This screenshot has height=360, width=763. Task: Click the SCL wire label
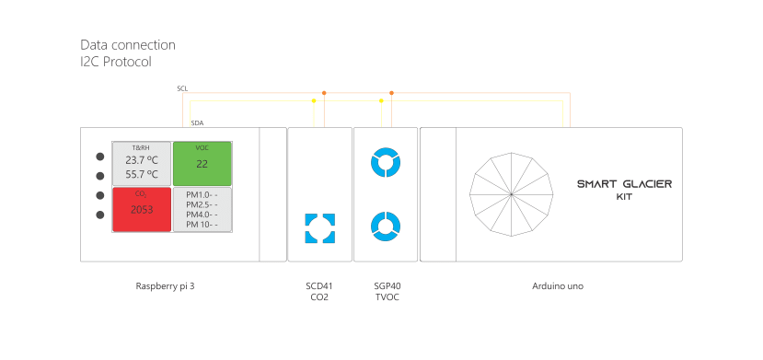point(182,88)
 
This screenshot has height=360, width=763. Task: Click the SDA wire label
point(197,122)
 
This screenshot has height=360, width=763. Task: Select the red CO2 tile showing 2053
point(142,209)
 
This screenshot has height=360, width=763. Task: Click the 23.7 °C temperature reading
point(142,159)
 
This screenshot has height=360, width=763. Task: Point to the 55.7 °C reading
point(142,173)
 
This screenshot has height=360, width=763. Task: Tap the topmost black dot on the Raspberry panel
point(98,156)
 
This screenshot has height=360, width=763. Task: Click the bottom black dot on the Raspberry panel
point(98,215)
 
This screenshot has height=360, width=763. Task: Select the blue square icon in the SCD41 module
point(319,228)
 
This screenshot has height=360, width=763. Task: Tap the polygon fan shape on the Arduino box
point(511,194)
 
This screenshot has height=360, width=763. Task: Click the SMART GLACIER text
point(623,184)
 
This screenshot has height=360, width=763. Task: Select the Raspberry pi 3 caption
point(165,286)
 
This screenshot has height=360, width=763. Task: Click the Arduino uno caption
point(557,286)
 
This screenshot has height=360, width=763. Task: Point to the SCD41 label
point(319,286)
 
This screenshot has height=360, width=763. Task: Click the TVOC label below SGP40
point(387,297)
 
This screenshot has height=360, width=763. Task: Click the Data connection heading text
point(128,44)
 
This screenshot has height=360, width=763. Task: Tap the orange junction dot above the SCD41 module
point(324,92)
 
